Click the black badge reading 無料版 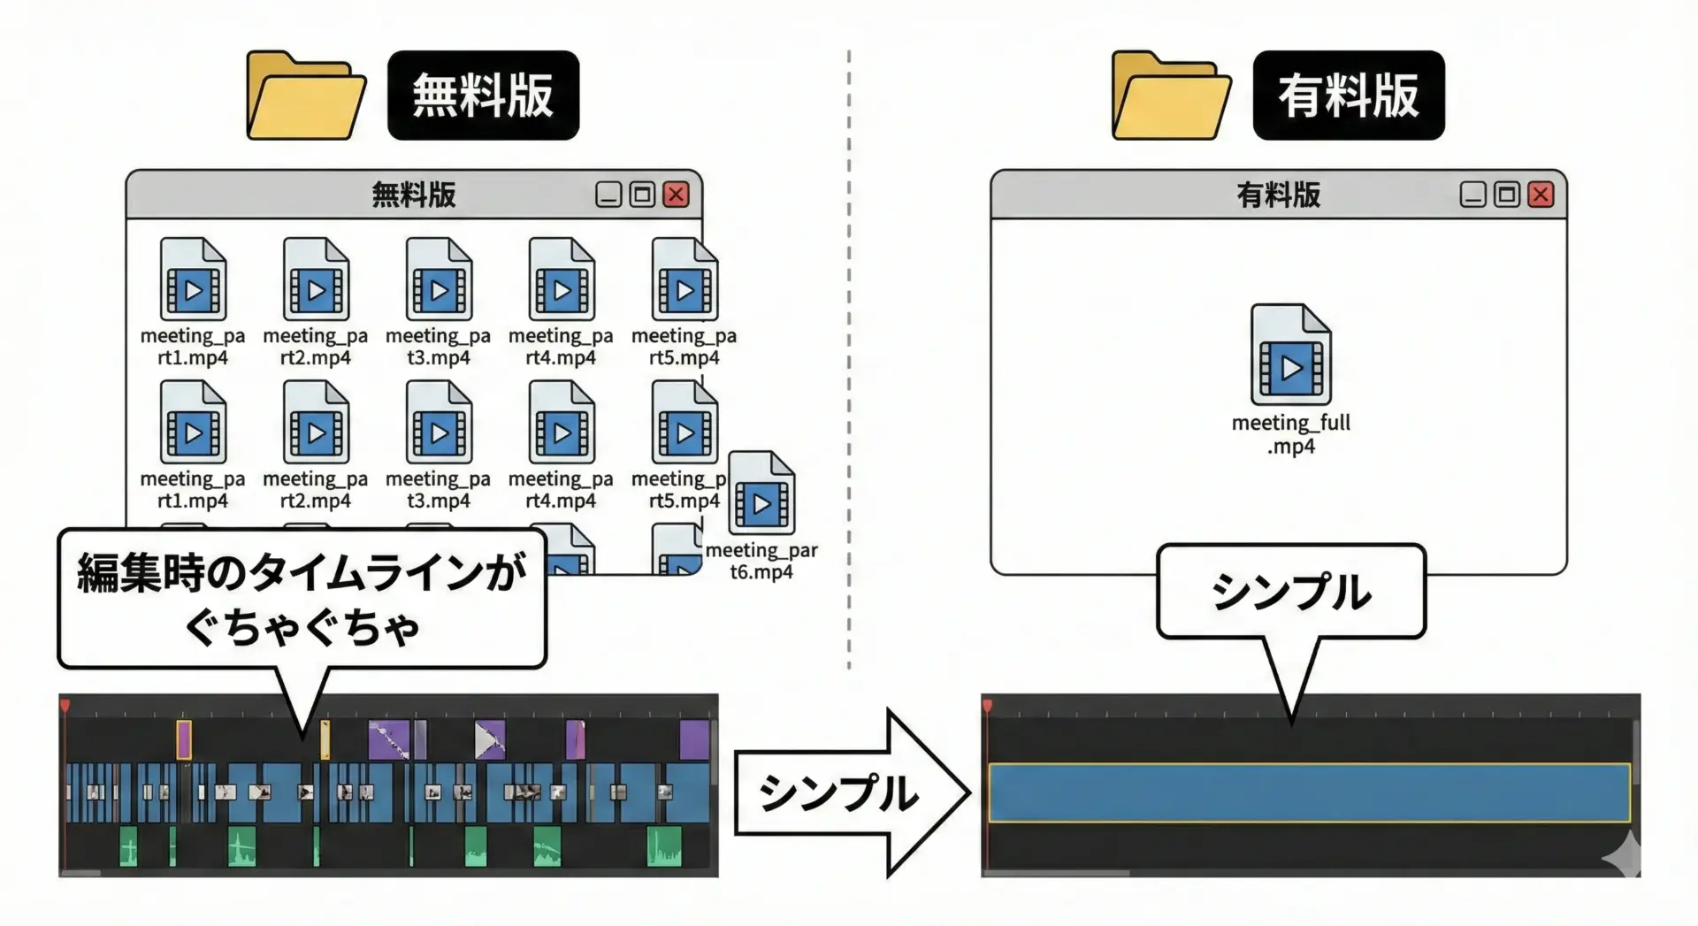[483, 96]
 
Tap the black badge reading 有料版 [1348, 96]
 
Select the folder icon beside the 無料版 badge [305, 96]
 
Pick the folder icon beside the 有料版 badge [1170, 96]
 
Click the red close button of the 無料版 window [677, 195]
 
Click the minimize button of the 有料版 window [1472, 195]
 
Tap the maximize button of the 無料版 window [642, 195]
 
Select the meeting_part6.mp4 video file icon [761, 494]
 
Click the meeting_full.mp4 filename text [1290, 434]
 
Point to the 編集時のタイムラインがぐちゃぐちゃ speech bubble [302, 599]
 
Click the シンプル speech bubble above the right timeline [1290, 591]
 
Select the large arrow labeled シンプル [849, 792]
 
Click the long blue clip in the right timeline [1309, 792]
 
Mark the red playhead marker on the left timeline [65, 705]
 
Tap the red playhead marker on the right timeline [987, 705]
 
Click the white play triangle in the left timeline [486, 740]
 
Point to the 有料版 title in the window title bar [1278, 195]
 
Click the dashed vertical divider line [849, 354]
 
